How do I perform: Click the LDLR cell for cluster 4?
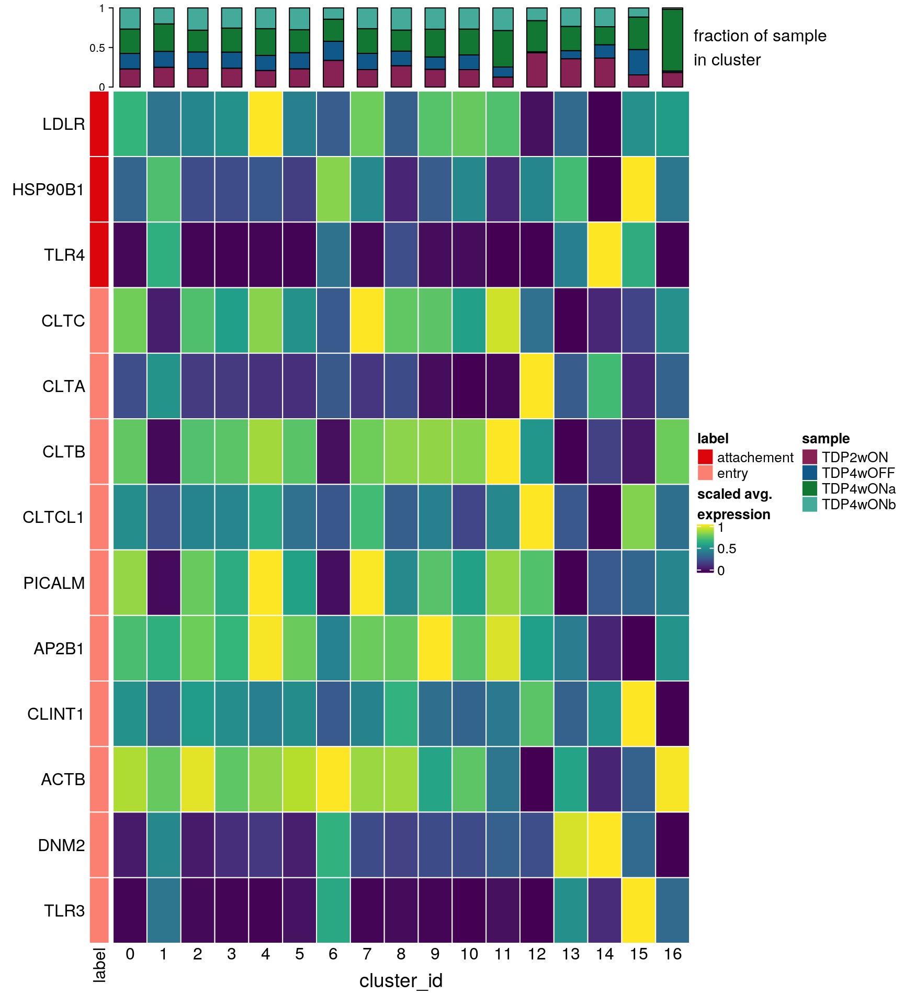click(x=265, y=124)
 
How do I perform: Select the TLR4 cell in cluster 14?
click(x=605, y=255)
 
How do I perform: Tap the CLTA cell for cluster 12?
click(x=537, y=386)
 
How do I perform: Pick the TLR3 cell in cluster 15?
click(x=639, y=910)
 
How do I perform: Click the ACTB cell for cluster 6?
click(x=333, y=779)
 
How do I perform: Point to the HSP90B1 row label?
click(x=49, y=189)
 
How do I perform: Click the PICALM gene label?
click(x=54, y=583)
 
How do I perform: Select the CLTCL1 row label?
click(x=53, y=517)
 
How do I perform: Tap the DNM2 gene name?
click(x=61, y=845)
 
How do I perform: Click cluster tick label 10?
click(x=469, y=954)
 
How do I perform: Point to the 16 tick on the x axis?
click(x=673, y=954)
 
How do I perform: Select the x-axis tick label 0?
click(x=130, y=954)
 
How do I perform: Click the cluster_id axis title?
click(x=401, y=980)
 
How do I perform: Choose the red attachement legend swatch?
click(x=705, y=457)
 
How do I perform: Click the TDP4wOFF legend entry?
click(x=858, y=473)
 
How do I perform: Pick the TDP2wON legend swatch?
click(x=809, y=457)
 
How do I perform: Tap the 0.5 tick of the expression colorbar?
click(x=727, y=549)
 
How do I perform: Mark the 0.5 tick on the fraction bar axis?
click(x=97, y=48)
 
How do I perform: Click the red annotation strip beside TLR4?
click(x=99, y=255)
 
